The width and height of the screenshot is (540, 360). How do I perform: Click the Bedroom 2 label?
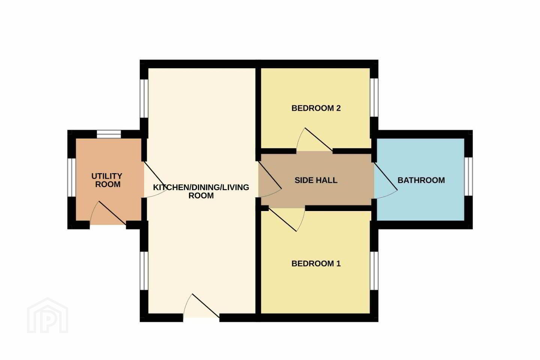click(316, 108)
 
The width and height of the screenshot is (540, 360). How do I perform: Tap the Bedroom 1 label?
click(316, 264)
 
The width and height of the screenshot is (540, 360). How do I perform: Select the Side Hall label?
click(316, 180)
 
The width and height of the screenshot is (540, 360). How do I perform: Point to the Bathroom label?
click(421, 180)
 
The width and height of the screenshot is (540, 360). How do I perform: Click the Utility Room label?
click(107, 180)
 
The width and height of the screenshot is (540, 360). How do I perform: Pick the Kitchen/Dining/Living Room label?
click(201, 191)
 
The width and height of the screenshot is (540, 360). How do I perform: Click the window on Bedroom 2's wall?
click(374, 98)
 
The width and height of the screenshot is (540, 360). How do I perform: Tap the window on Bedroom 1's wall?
click(374, 270)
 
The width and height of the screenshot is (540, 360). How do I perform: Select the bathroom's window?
click(468, 177)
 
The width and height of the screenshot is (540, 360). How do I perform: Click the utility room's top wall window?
click(109, 134)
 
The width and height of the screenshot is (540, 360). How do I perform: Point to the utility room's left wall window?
click(71, 177)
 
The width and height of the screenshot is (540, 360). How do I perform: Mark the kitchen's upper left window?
click(144, 98)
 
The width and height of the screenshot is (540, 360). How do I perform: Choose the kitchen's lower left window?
click(144, 270)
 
